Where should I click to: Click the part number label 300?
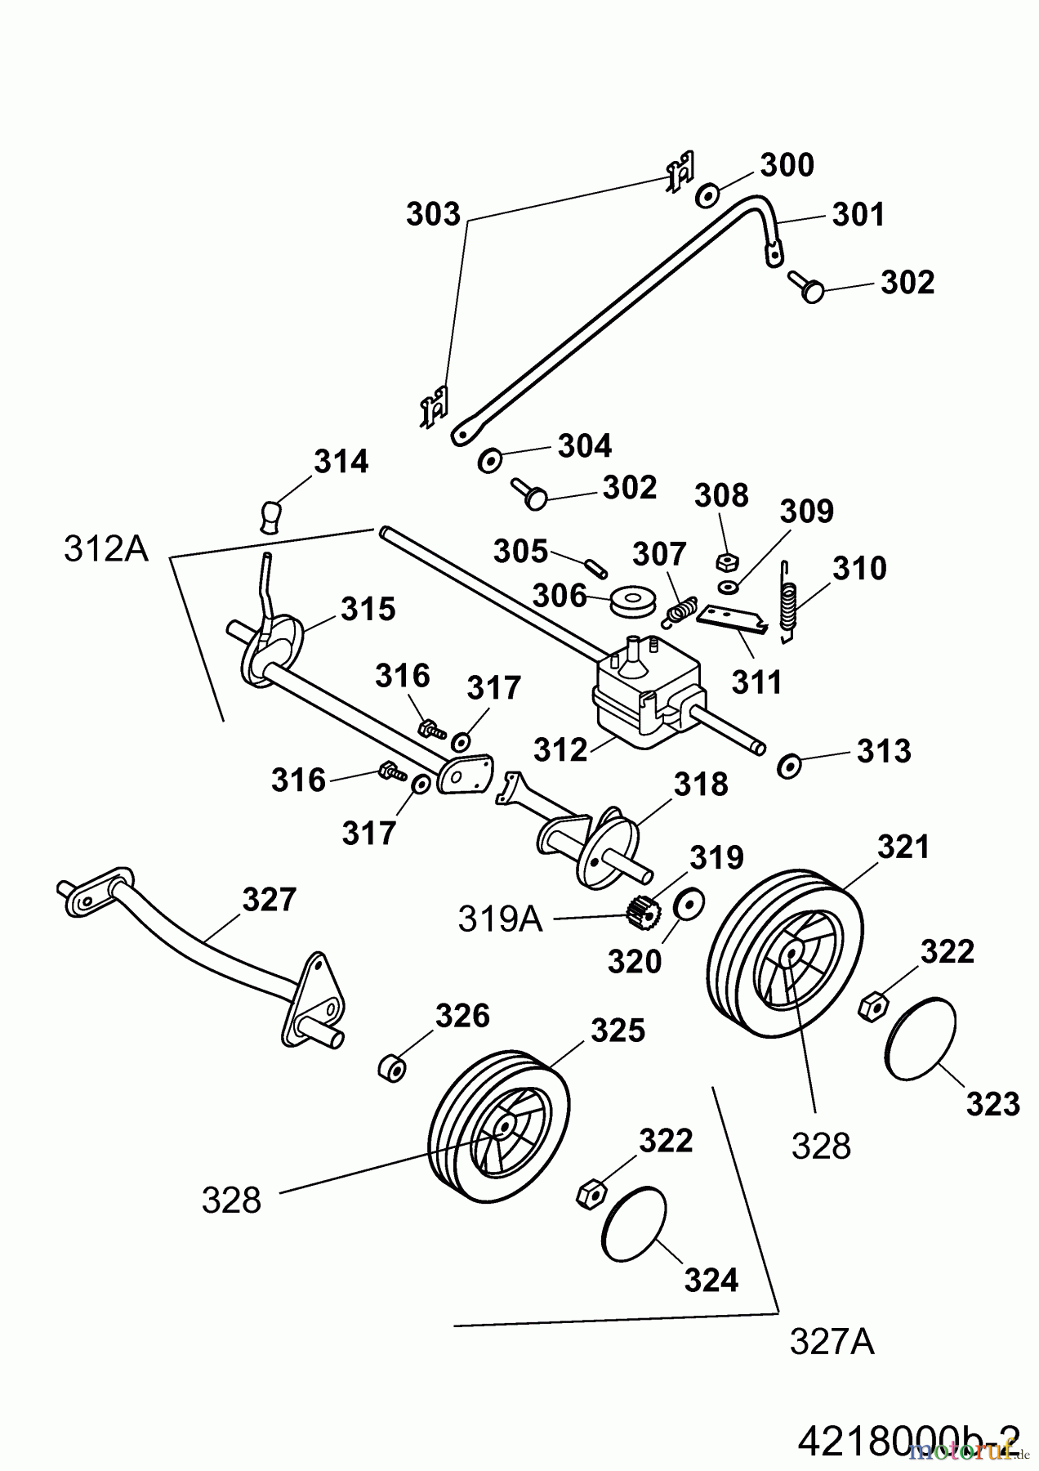(x=787, y=165)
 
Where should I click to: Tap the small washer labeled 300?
(x=707, y=196)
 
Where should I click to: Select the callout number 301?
(x=858, y=215)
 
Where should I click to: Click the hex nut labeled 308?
(x=725, y=561)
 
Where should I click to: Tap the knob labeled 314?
(x=272, y=516)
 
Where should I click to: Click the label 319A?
(x=500, y=919)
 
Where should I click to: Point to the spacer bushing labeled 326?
(x=392, y=1067)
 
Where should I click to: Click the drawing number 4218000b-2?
(x=907, y=1435)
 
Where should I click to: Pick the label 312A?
(x=106, y=549)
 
